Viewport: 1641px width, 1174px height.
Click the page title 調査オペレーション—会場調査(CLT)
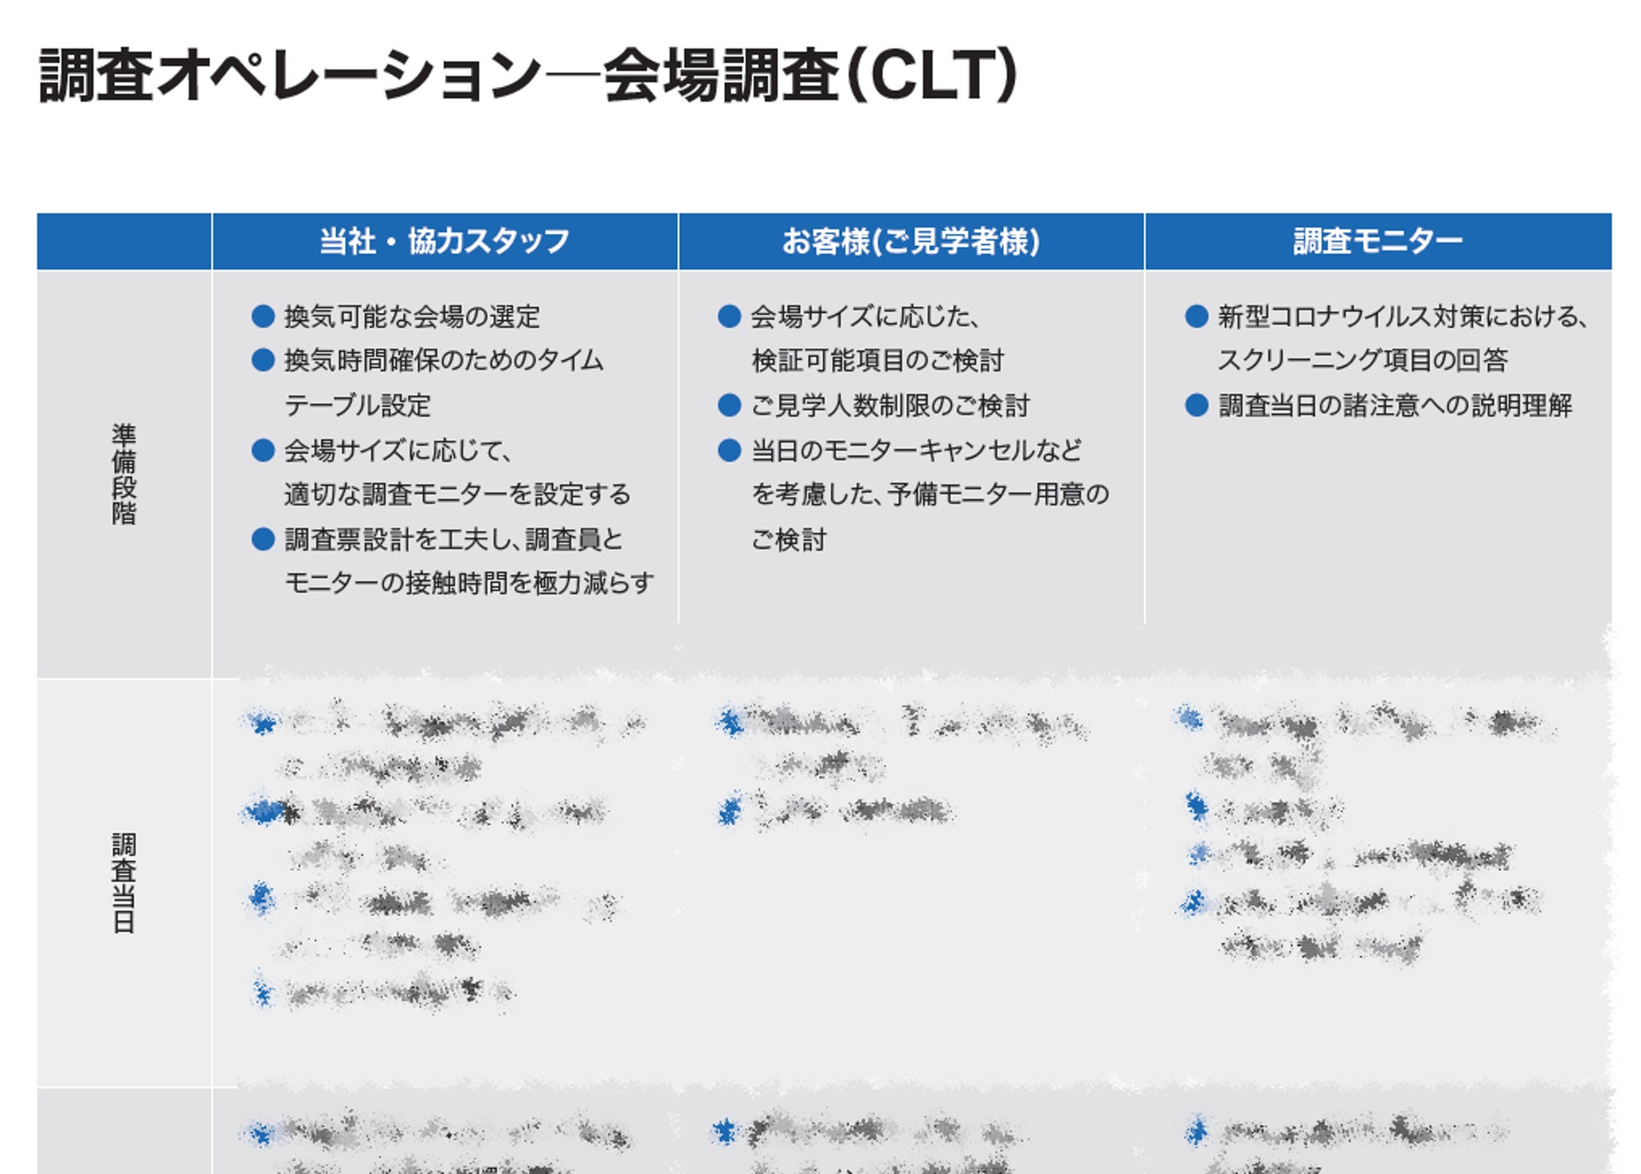pyautogui.click(x=528, y=76)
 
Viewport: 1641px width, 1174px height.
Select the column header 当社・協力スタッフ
pyautogui.click(x=444, y=241)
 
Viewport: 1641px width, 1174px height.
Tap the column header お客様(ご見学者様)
pyautogui.click(x=910, y=241)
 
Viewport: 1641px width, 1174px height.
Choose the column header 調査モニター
pyautogui.click(x=1378, y=241)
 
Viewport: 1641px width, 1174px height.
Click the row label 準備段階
pyautogui.click(x=123, y=474)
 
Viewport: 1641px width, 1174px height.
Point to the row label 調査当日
pyautogui.click(x=123, y=883)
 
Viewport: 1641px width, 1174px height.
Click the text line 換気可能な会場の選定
pyautogui.click(x=412, y=317)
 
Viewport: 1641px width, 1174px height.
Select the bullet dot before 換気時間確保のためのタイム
pyautogui.click(x=262, y=360)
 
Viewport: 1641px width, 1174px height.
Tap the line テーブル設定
pyautogui.click(x=357, y=405)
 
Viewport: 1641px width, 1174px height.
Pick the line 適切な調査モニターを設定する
pyautogui.click(x=457, y=494)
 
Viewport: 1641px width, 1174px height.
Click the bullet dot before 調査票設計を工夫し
pyautogui.click(x=262, y=539)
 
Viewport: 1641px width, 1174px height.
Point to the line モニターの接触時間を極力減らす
pyautogui.click(x=469, y=583)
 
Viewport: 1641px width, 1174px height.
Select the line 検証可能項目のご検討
pyautogui.click(x=877, y=360)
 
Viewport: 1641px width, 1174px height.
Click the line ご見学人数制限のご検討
pyautogui.click(x=890, y=405)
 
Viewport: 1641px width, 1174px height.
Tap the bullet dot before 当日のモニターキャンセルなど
pyautogui.click(x=729, y=450)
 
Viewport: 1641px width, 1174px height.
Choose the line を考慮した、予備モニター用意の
pyautogui.click(x=930, y=494)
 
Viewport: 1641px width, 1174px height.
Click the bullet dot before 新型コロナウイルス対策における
pyautogui.click(x=1196, y=316)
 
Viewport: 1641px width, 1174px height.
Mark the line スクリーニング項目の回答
pyautogui.click(x=1362, y=360)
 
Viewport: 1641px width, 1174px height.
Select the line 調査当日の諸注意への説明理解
pyautogui.click(x=1395, y=405)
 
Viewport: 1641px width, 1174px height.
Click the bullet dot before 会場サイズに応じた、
pyautogui.click(x=729, y=316)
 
